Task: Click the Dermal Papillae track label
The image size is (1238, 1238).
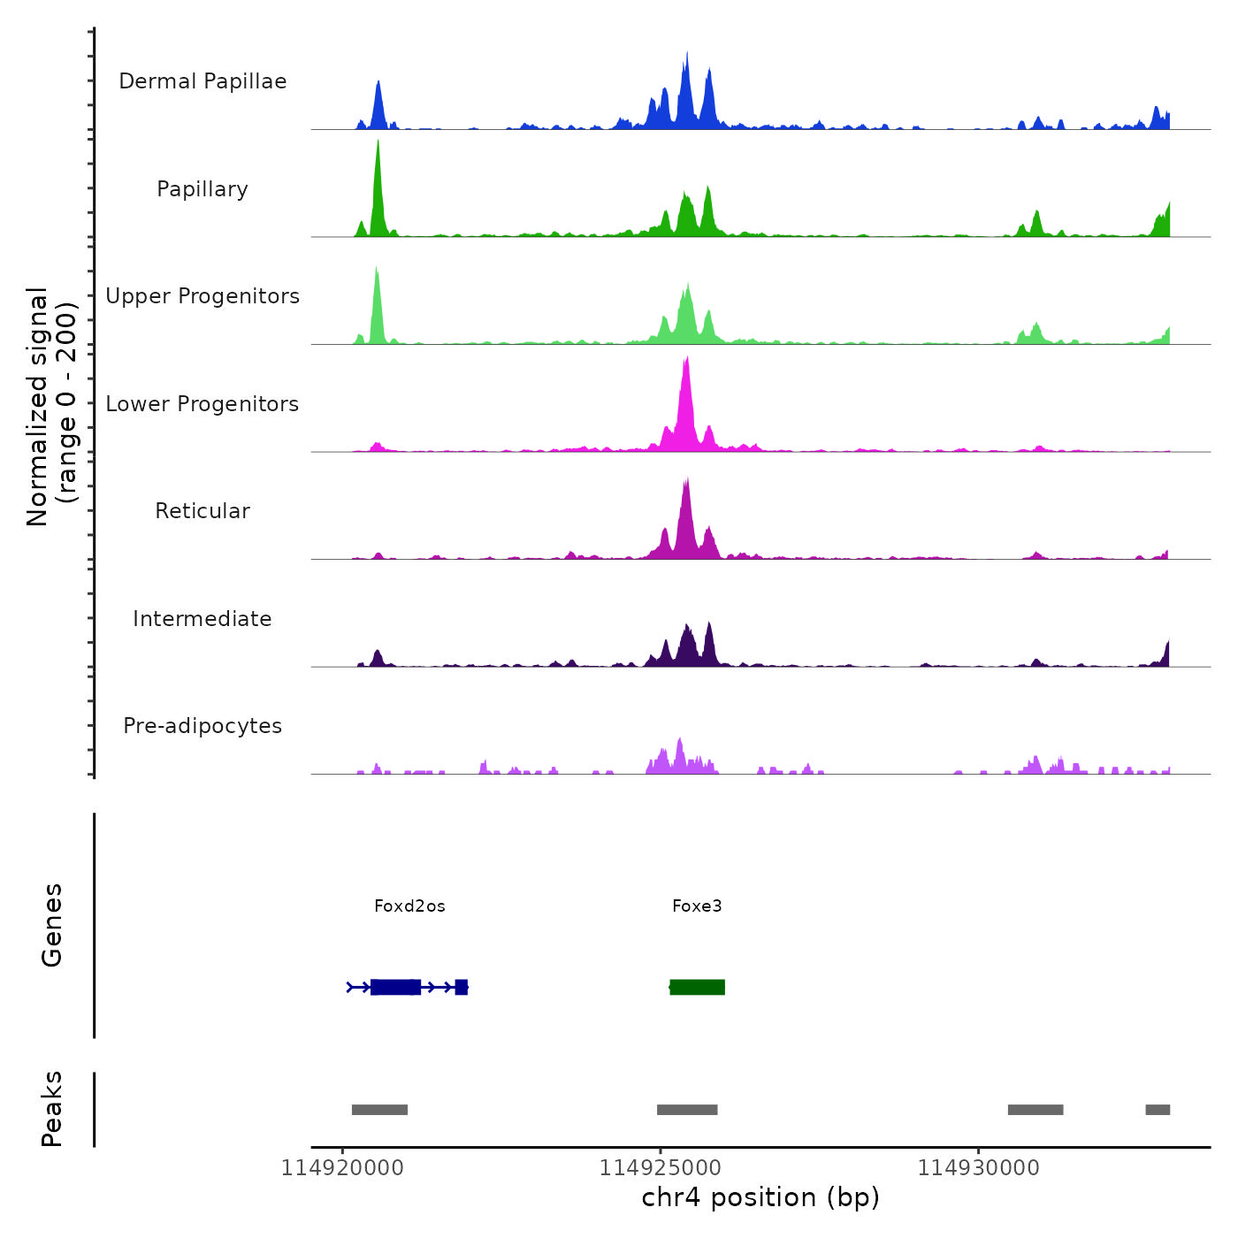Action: (x=203, y=81)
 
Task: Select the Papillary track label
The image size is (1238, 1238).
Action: (x=203, y=189)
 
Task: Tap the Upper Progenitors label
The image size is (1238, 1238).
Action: (x=203, y=296)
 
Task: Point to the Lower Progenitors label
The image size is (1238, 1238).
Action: (x=203, y=404)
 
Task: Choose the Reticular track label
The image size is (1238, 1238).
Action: (x=203, y=511)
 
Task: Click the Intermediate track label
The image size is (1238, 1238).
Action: (x=203, y=619)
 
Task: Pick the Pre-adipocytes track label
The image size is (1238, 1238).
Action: (x=203, y=726)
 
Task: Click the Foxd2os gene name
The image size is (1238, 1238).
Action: (x=409, y=906)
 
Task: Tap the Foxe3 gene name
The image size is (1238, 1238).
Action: (x=697, y=906)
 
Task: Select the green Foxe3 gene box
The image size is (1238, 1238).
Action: (x=698, y=987)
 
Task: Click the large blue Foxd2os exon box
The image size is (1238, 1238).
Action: (x=395, y=987)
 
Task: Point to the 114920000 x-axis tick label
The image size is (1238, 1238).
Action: (x=342, y=1168)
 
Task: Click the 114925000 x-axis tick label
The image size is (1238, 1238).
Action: (x=661, y=1168)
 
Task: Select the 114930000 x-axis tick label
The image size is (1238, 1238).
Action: (x=979, y=1168)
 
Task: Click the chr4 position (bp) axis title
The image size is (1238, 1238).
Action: (x=760, y=1198)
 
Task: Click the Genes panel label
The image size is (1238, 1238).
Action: (x=52, y=925)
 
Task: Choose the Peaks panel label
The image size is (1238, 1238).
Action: (x=52, y=1109)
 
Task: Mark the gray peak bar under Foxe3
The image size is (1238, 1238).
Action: (x=687, y=1110)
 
